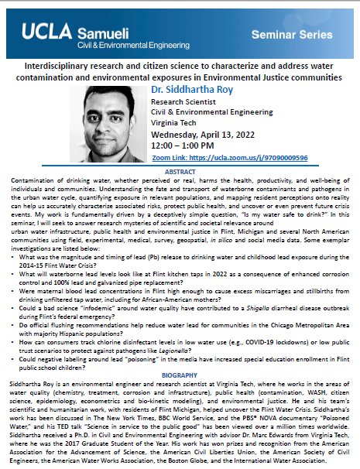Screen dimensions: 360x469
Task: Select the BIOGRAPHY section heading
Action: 180,375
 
